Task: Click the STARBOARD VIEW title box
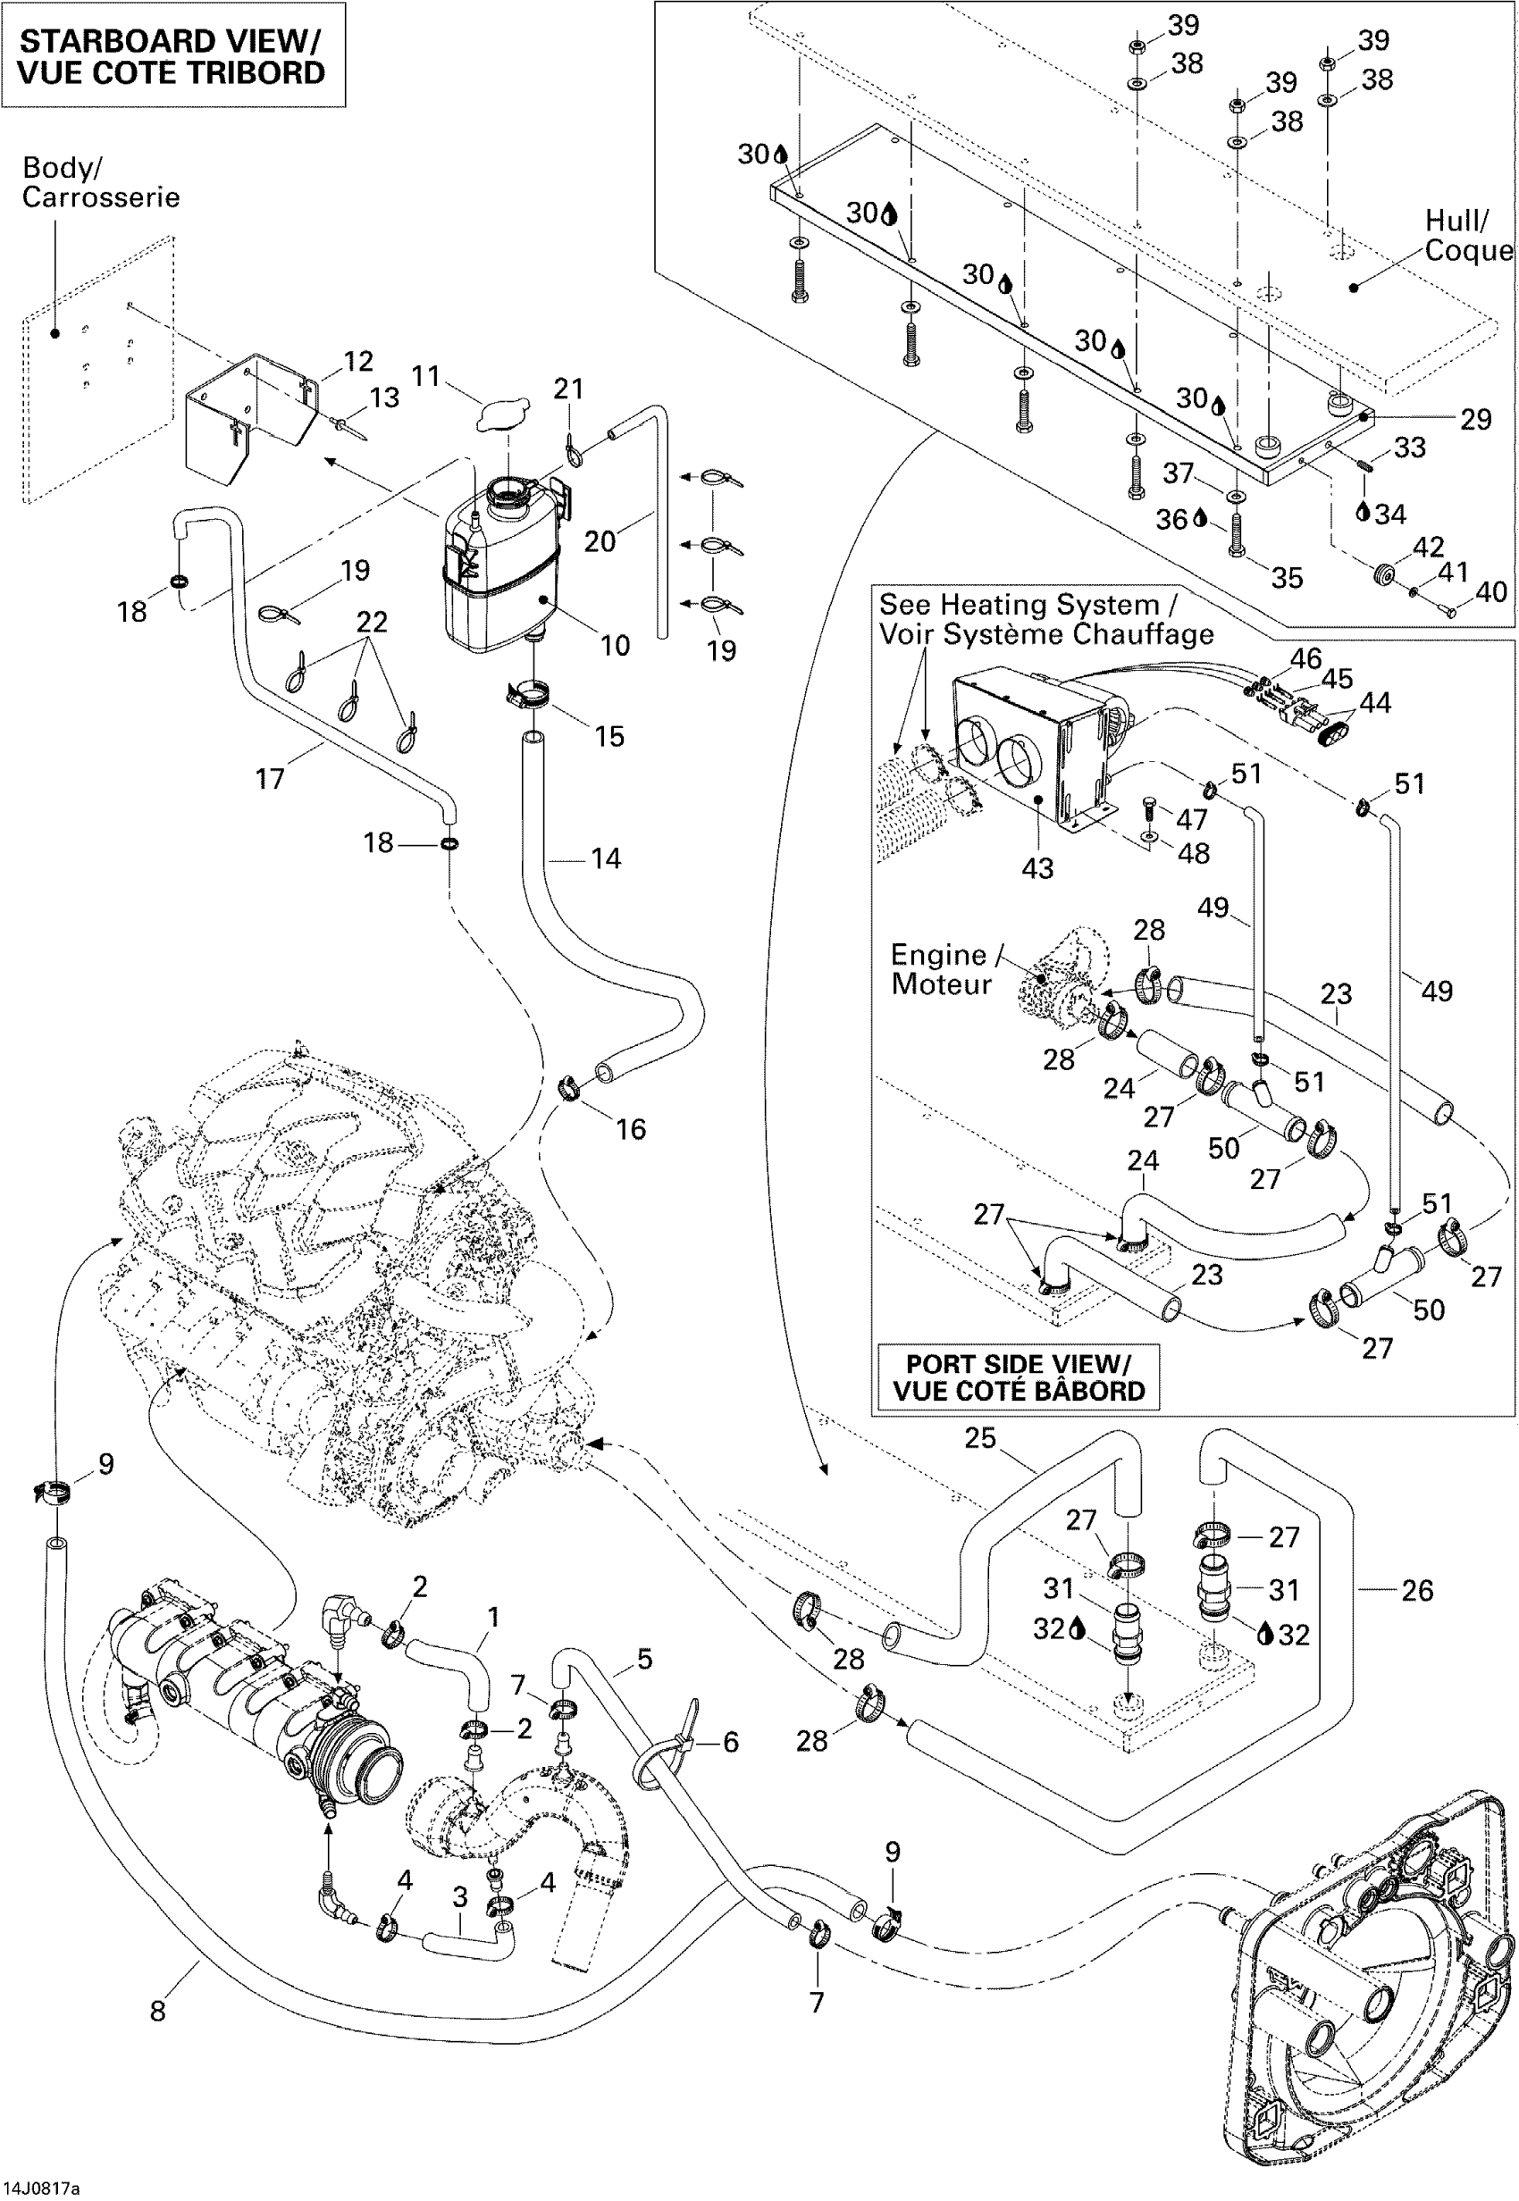pyautogui.click(x=172, y=55)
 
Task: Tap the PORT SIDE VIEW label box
pyautogui.click(x=1018, y=1377)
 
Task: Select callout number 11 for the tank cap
pyautogui.click(x=424, y=376)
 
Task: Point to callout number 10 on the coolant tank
pyautogui.click(x=615, y=645)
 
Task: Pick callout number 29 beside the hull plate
pyautogui.click(x=1475, y=419)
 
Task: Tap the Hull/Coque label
pyautogui.click(x=1466, y=235)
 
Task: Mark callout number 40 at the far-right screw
pyautogui.click(x=1490, y=592)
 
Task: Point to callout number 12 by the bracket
pyautogui.click(x=358, y=361)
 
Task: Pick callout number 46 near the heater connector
pyautogui.click(x=1305, y=657)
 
